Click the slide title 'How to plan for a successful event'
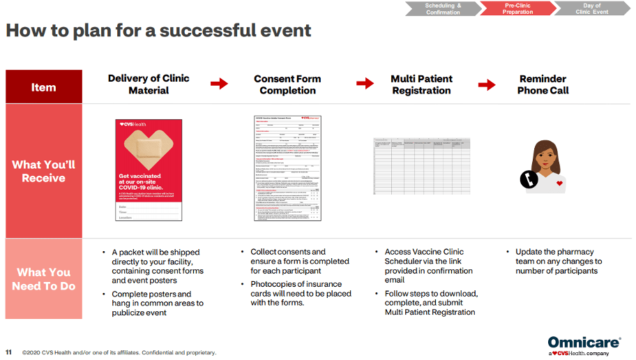[x=158, y=31]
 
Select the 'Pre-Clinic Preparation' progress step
[x=517, y=8]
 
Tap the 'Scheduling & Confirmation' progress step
[x=443, y=8]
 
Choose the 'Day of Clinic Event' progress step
[x=592, y=8]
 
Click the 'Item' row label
[x=43, y=87]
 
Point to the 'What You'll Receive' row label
[x=43, y=172]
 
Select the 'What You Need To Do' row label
[x=43, y=279]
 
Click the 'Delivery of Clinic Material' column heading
[x=149, y=84]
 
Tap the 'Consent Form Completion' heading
[x=287, y=84]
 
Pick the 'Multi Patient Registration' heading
[x=421, y=84]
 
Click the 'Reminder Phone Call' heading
[x=543, y=84]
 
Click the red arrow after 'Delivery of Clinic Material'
[x=219, y=84]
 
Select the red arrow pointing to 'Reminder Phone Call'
[x=487, y=84]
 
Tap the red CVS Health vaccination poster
[x=148, y=170]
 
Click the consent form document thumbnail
[x=287, y=168]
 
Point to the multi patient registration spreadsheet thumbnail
[x=421, y=166]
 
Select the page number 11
[x=8, y=352]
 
